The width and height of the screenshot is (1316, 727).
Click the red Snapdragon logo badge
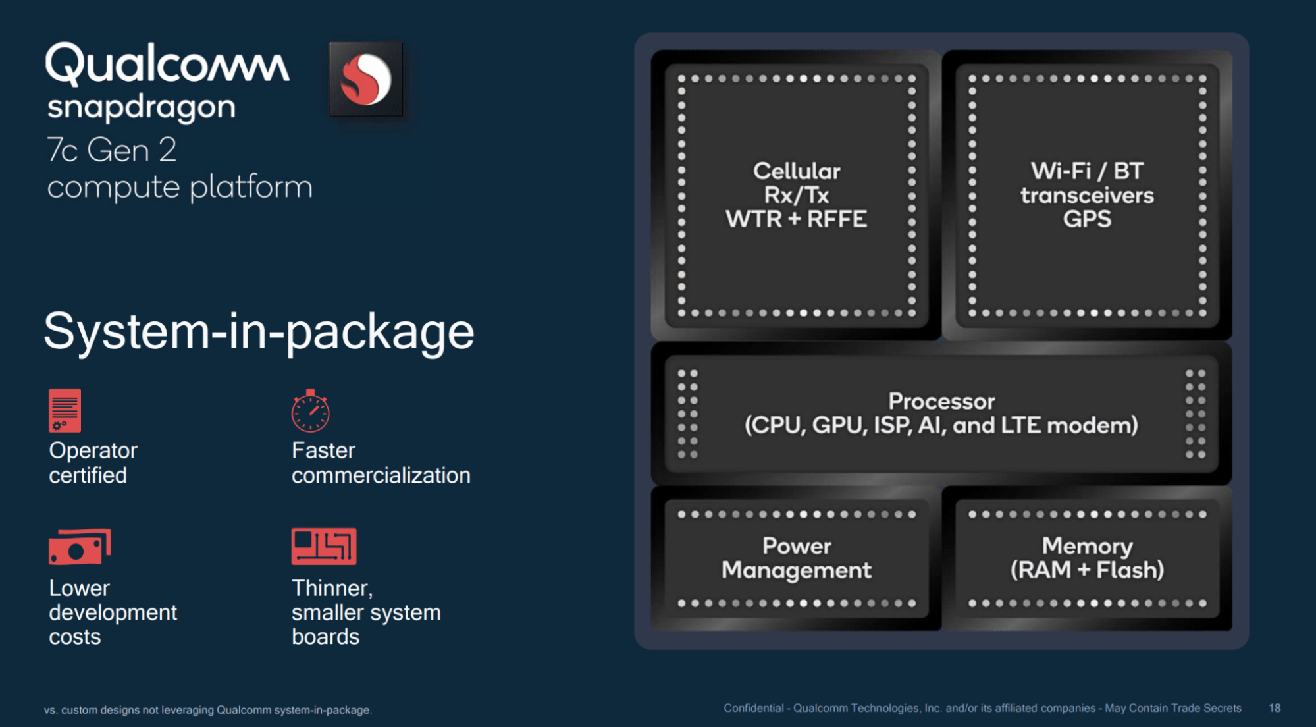tap(366, 80)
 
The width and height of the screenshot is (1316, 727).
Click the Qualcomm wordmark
tap(167, 64)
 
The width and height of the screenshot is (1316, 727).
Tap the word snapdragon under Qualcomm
tap(142, 107)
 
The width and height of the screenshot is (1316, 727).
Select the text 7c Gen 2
tap(112, 150)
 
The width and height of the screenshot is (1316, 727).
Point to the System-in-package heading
tap(259, 331)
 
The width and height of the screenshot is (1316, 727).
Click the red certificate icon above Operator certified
tap(65, 410)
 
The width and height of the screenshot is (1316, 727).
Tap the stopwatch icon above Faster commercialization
tap(310, 411)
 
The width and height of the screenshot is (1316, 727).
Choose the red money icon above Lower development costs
tap(80, 547)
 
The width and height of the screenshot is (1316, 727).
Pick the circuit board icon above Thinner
tap(324, 547)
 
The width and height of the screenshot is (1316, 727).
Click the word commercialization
tap(381, 475)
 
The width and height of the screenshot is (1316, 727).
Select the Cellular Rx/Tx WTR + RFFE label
tap(796, 195)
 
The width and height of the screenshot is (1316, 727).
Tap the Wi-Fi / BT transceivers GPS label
tap(1087, 195)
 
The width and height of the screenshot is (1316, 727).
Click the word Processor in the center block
tap(941, 401)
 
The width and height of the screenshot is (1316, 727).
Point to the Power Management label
tap(796, 558)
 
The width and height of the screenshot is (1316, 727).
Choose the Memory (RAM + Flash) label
tap(1087, 558)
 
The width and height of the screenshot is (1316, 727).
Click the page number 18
tap(1275, 708)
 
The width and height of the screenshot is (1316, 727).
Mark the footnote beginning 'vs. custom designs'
tap(208, 710)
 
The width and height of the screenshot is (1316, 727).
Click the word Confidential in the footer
tap(753, 708)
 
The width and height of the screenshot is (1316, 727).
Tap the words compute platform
tap(180, 187)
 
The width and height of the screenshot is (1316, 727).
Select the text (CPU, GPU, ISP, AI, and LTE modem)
tap(941, 425)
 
